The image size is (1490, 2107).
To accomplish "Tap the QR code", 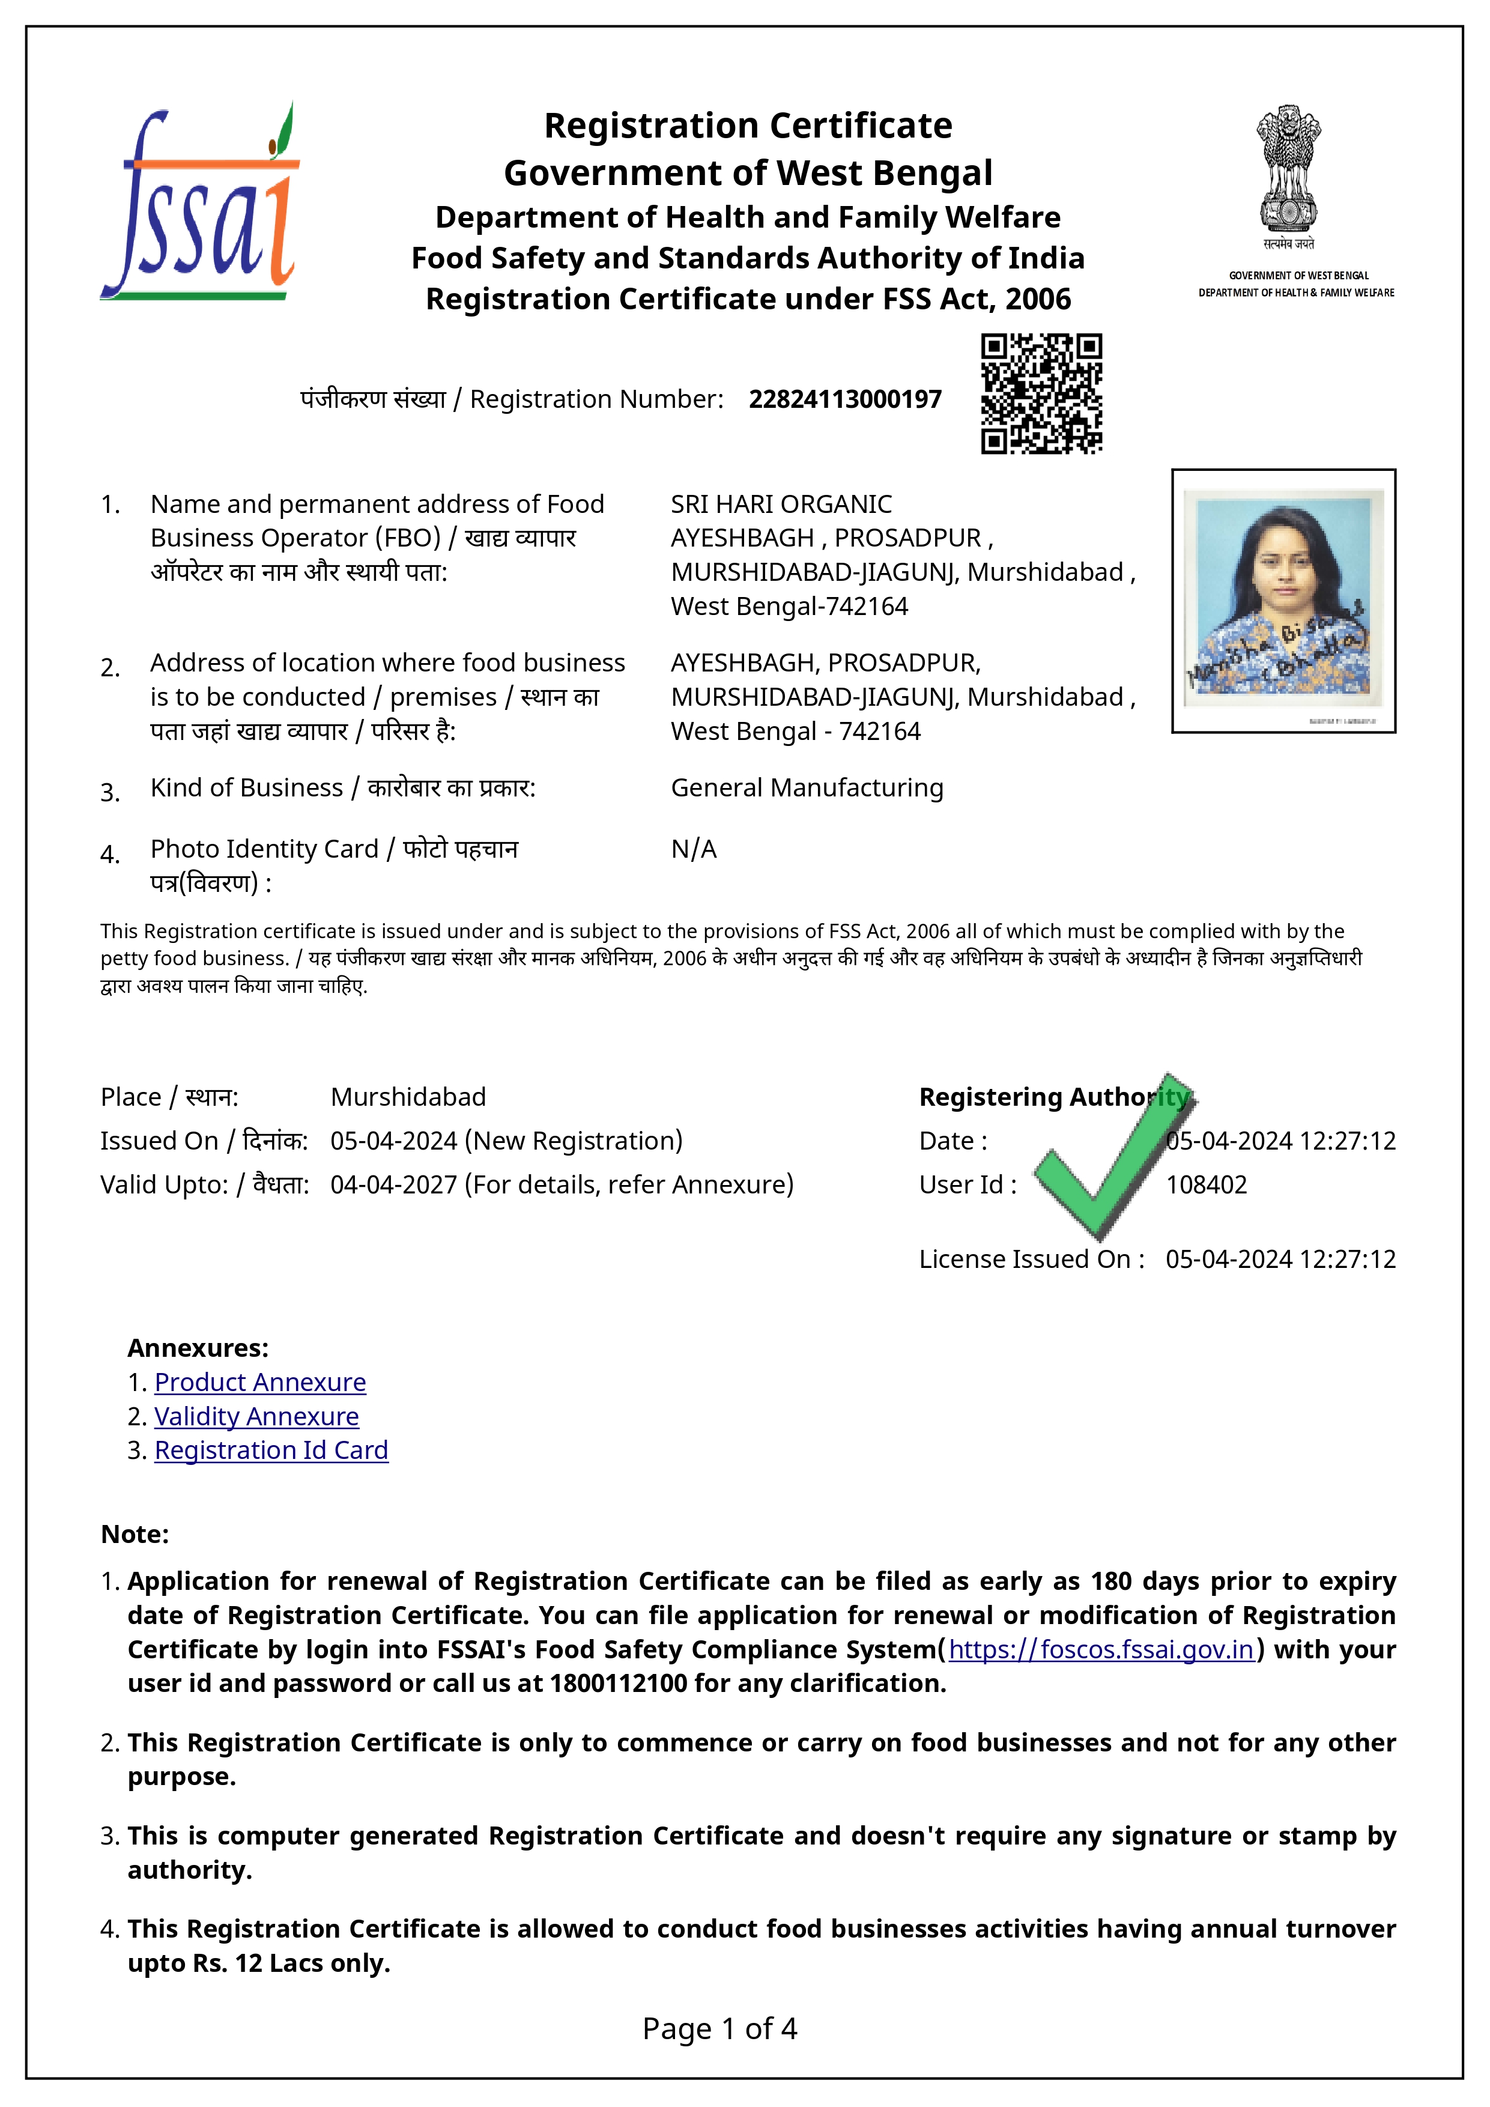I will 1041,393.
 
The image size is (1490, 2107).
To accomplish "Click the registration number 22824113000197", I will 845,399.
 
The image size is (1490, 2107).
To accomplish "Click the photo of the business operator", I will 1283,599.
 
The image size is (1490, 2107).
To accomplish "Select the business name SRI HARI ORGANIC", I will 781,504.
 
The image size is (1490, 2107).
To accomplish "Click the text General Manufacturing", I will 807,787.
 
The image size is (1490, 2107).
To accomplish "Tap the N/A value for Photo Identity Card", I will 694,849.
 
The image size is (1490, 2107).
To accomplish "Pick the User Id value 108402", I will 1205,1184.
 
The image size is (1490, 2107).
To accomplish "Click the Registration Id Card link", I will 271,1450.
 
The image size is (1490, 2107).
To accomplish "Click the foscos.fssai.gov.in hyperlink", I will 1101,1649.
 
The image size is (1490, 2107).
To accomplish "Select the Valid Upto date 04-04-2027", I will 393,1184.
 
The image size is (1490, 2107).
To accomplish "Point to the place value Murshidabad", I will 408,1097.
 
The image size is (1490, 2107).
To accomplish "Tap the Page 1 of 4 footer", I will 719,2028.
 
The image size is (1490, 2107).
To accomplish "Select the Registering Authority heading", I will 1053,1097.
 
